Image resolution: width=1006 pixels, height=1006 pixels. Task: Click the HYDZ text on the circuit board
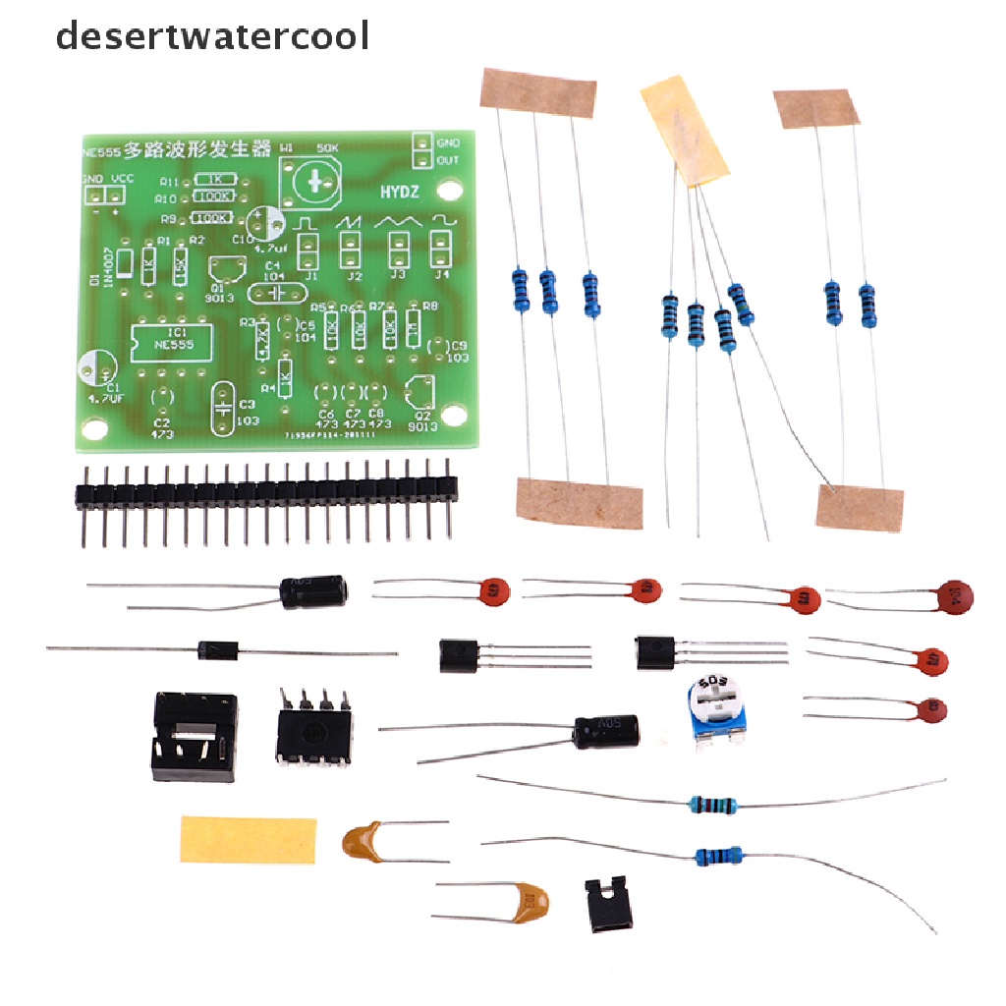pos(400,192)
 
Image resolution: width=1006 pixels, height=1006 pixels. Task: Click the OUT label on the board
pos(447,160)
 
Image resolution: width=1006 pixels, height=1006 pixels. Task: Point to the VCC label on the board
pos(121,179)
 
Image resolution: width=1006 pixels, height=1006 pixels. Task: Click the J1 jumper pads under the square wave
pos(310,253)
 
